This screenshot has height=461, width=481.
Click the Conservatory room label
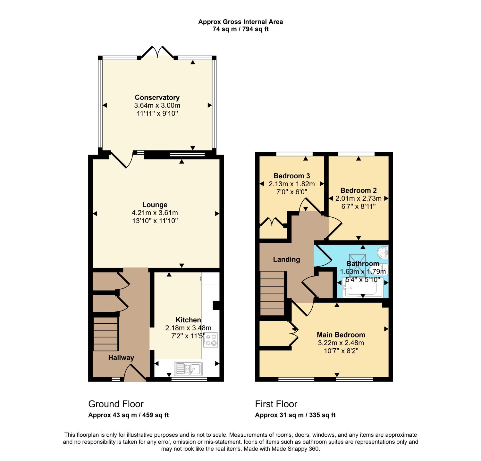click(x=157, y=97)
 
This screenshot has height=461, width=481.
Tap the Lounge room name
click(x=155, y=205)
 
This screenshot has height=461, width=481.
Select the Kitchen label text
click(x=188, y=320)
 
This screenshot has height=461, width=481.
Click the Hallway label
click(x=121, y=358)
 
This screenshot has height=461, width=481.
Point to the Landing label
click(x=287, y=260)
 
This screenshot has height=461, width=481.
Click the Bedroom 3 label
click(x=292, y=176)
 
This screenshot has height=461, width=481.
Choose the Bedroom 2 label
click(x=359, y=190)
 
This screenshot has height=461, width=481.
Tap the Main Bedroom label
click(x=341, y=335)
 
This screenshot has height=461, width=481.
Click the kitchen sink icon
click(x=189, y=368)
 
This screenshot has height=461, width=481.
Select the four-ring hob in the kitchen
click(x=210, y=340)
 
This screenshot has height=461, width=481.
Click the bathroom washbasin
click(x=384, y=252)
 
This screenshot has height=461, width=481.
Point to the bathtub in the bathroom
click(x=362, y=288)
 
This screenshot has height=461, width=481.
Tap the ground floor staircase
click(x=105, y=334)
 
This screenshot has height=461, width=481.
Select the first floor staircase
click(x=272, y=293)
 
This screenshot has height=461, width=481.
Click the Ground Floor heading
click(x=116, y=404)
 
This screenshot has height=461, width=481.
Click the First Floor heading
click(x=276, y=404)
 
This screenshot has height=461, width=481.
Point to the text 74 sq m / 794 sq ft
click(x=240, y=29)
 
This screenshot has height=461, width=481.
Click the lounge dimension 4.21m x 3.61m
click(x=155, y=213)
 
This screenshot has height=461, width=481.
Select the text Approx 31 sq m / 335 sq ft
click(x=295, y=415)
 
